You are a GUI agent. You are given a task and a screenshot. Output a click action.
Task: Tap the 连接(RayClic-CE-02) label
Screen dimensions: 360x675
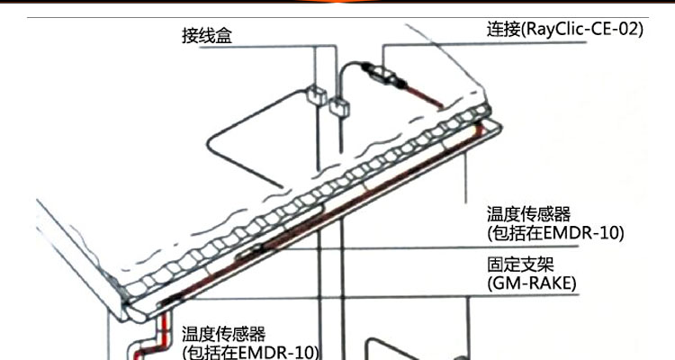(x=564, y=29)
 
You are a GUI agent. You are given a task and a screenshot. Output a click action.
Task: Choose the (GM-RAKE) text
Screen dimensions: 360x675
(x=532, y=284)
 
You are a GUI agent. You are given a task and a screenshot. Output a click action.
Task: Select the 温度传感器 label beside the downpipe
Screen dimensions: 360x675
(x=224, y=333)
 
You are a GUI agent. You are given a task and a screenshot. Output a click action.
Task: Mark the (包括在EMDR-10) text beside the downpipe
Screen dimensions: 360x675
(x=251, y=351)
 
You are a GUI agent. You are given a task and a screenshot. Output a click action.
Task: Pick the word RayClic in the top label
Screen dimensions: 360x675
(x=555, y=29)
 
